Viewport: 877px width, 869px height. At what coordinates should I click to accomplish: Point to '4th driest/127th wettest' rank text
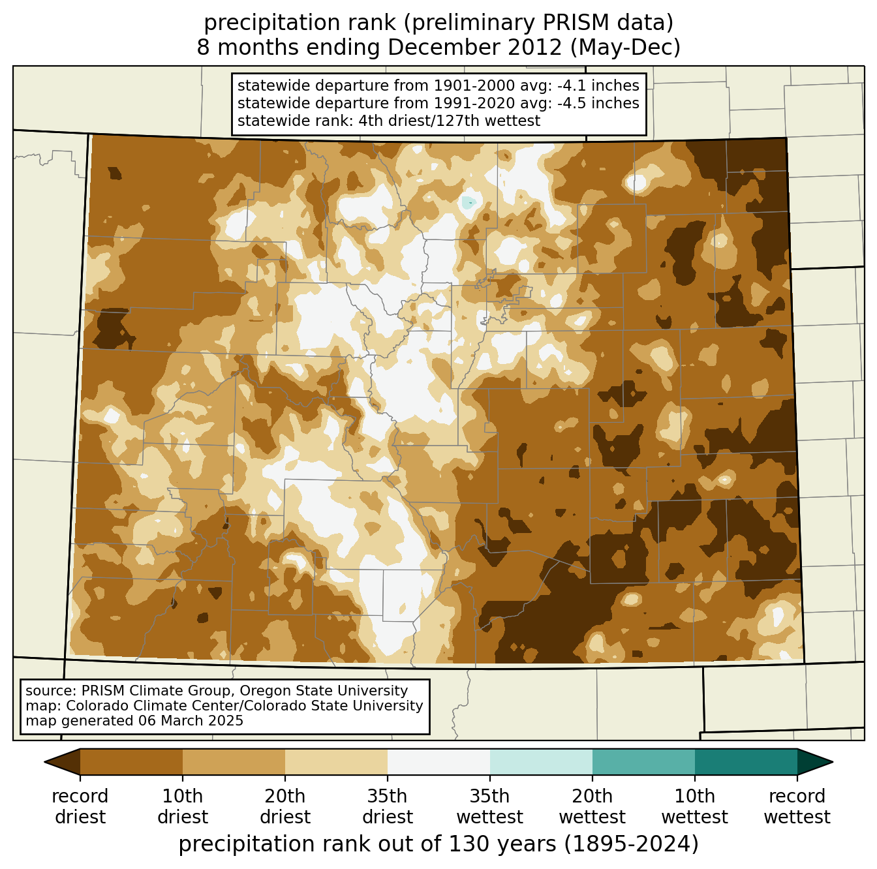tap(450, 121)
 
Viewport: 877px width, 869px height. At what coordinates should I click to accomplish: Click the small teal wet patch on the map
tap(468, 203)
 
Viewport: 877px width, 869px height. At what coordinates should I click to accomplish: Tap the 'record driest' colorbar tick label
tap(80, 806)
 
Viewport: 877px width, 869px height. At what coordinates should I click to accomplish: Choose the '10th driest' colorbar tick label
tap(183, 806)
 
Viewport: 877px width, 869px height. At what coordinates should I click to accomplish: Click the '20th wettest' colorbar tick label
tap(592, 806)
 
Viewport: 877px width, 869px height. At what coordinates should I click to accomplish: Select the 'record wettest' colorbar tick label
tap(797, 806)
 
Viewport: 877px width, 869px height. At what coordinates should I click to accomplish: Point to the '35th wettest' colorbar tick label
tap(490, 806)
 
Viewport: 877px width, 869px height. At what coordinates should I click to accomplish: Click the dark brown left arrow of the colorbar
tap(63, 762)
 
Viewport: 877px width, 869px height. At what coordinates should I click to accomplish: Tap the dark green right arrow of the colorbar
tap(814, 762)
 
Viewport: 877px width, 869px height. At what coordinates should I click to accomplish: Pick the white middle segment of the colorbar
tap(438, 762)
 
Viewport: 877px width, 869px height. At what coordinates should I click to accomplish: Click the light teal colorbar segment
tap(541, 762)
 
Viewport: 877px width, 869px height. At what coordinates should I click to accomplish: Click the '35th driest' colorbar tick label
tap(388, 806)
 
